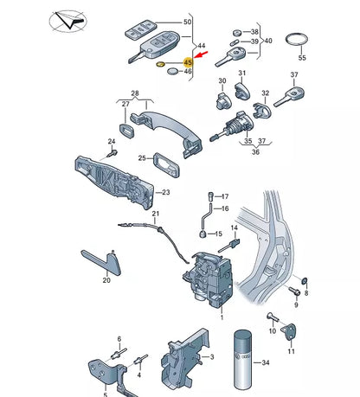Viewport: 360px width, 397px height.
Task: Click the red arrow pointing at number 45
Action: tap(202, 54)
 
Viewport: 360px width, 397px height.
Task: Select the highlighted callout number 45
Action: tap(188, 62)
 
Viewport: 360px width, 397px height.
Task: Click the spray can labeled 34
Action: tap(243, 363)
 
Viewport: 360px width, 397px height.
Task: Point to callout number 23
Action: tap(166, 192)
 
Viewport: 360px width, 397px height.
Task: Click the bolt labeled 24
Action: tap(112, 153)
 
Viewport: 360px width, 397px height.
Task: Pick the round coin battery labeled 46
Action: tap(173, 71)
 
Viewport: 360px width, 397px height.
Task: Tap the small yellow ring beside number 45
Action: tap(160, 63)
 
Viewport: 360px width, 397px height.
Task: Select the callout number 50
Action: tap(188, 22)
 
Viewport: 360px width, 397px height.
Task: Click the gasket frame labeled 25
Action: tap(166, 164)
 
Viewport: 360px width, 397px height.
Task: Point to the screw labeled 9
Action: tap(294, 291)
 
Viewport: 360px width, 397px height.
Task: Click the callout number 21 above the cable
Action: tap(156, 214)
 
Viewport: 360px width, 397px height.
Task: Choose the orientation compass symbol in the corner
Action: tap(68, 21)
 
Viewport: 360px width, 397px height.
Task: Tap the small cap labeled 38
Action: tap(237, 33)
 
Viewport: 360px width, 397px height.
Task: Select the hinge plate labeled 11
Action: tap(291, 331)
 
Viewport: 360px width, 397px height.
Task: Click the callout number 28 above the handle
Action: tap(135, 93)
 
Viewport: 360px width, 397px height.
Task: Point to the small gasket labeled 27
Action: tap(126, 131)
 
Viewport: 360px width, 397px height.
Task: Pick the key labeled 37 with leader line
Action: tap(289, 98)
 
